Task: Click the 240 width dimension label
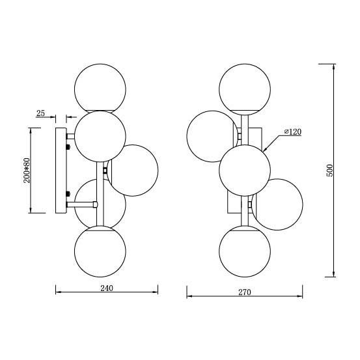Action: click(107, 288)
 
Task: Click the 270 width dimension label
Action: click(245, 292)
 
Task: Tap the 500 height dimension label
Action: click(329, 171)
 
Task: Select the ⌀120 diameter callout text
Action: click(293, 132)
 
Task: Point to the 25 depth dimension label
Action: click(40, 113)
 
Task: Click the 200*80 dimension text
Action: click(27, 170)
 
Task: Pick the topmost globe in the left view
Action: click(100, 88)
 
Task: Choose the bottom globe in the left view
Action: click(100, 251)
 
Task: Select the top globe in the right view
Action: click(245, 89)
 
